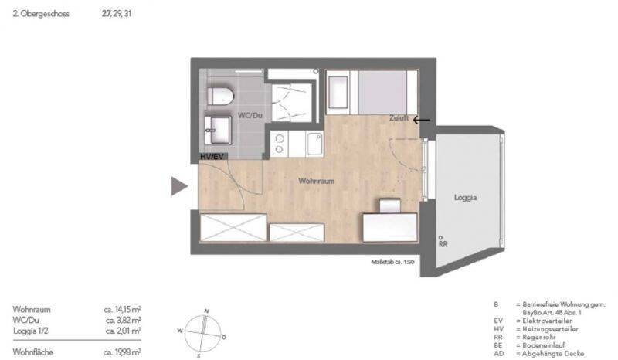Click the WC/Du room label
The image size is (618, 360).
click(250, 116)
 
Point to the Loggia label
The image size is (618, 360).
click(465, 198)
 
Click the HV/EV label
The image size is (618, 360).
click(212, 157)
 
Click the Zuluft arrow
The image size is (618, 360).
click(422, 120)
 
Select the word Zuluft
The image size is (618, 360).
click(399, 120)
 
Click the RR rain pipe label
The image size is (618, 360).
click(443, 244)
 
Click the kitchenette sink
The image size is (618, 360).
click(314, 143)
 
